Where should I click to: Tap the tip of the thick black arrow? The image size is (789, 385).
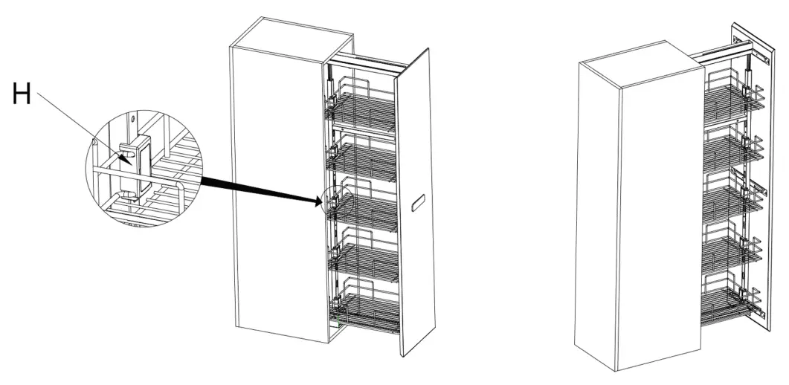point(322,199)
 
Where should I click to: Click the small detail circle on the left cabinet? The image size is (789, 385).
point(332,199)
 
